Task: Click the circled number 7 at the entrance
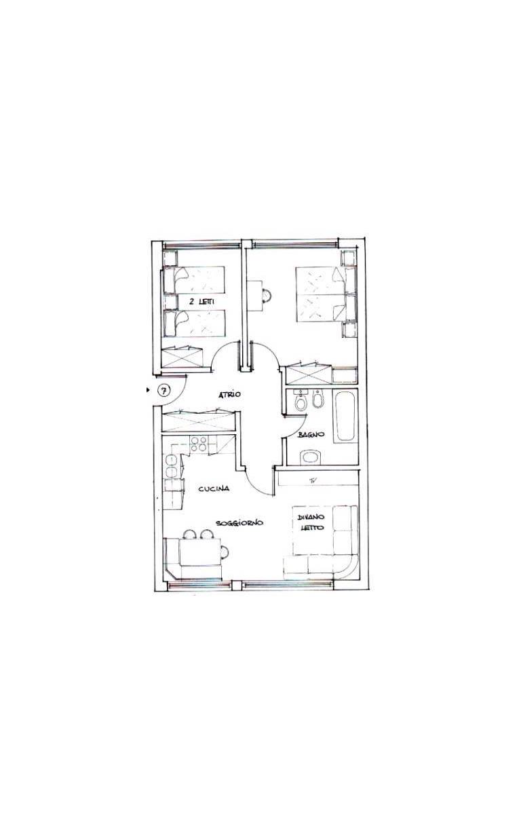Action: (163, 389)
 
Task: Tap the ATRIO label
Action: (229, 394)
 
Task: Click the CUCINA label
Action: (214, 488)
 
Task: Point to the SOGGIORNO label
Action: (239, 522)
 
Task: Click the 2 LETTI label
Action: (202, 302)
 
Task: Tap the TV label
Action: (313, 480)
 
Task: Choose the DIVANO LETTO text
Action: (311, 522)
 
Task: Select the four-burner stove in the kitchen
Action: (198, 444)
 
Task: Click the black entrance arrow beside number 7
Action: (149, 389)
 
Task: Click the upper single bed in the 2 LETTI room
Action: (194, 279)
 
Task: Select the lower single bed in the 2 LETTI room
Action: (194, 323)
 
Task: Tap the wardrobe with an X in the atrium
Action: (199, 421)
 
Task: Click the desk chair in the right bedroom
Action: (267, 295)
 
